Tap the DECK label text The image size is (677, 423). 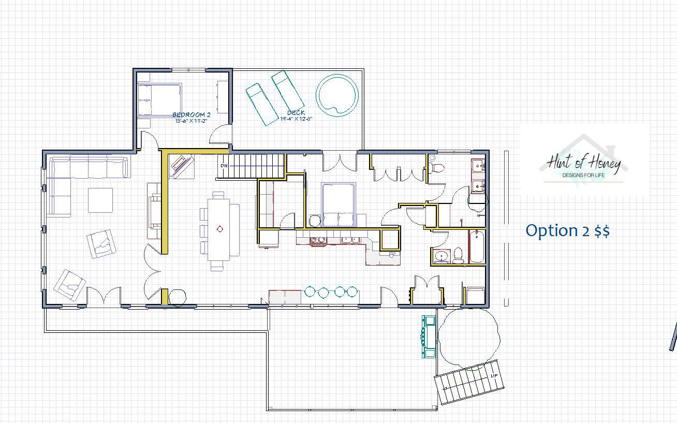[296, 113]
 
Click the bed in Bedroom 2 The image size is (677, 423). [160, 100]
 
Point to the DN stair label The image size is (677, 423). [224, 166]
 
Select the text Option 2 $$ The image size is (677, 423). [567, 230]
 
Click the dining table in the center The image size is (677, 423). [219, 229]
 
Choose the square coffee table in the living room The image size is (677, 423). [100, 200]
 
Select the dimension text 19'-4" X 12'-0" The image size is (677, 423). [296, 119]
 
